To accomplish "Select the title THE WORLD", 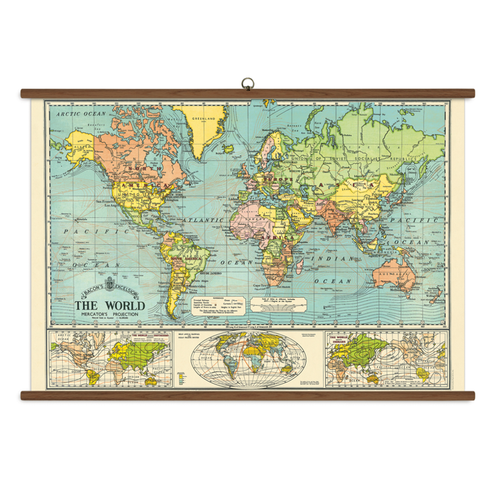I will click(x=109, y=306).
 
